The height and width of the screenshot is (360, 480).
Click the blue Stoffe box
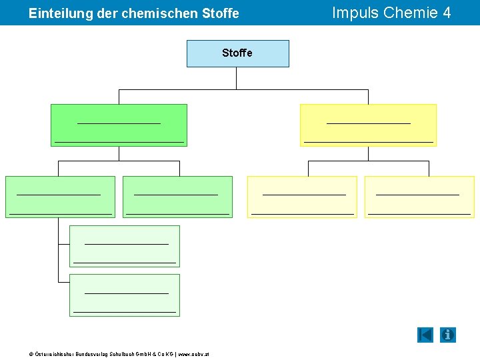(237, 53)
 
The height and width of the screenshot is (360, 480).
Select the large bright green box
(119, 125)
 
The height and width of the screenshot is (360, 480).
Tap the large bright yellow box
(368, 125)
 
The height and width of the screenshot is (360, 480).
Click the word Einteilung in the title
(55, 13)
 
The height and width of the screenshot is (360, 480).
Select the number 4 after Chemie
(446, 13)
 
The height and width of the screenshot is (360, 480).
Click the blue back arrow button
(425, 335)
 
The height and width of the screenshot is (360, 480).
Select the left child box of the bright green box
(60, 197)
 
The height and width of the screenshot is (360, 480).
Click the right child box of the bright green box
(177, 197)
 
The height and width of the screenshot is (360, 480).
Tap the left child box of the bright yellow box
(302, 197)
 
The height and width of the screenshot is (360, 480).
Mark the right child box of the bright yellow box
(419, 197)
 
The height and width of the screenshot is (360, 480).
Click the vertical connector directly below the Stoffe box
(237, 78)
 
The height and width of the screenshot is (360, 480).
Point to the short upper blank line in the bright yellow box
(368, 123)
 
